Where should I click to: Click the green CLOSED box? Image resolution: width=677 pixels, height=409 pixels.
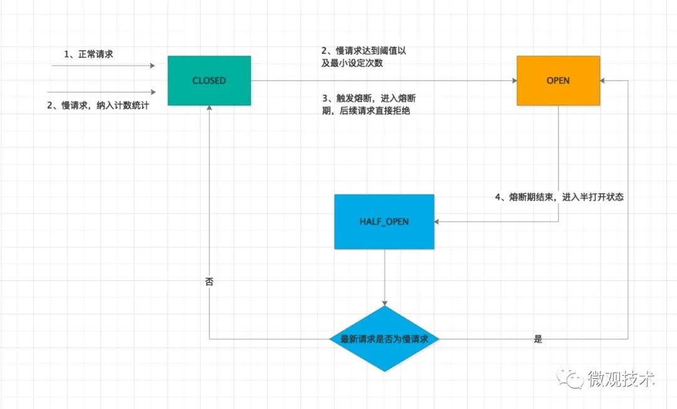(x=209, y=80)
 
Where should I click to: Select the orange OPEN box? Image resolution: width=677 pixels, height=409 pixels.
(x=558, y=80)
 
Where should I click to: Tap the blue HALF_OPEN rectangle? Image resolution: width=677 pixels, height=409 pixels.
(x=384, y=222)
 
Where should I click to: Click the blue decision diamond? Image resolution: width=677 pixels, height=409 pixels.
(x=384, y=339)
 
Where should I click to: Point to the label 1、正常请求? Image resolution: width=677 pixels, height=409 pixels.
(x=88, y=55)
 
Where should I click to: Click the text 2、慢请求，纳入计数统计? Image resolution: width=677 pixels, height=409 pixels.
(x=98, y=105)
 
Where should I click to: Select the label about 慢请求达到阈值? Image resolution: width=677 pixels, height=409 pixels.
(x=364, y=56)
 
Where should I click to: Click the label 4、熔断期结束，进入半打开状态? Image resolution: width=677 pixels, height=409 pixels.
(x=559, y=197)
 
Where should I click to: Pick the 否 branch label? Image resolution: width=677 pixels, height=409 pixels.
(x=209, y=282)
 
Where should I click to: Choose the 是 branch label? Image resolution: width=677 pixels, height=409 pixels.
(x=538, y=339)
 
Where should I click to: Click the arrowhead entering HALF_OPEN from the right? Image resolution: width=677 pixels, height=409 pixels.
(x=438, y=221)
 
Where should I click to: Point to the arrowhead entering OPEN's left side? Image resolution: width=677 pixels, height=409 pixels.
(x=513, y=80)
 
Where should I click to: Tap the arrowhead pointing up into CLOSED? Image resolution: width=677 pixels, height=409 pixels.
(x=209, y=109)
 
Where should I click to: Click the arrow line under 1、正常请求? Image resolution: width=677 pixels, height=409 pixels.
(x=103, y=65)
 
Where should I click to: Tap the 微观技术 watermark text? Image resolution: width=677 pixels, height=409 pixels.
(x=621, y=379)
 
